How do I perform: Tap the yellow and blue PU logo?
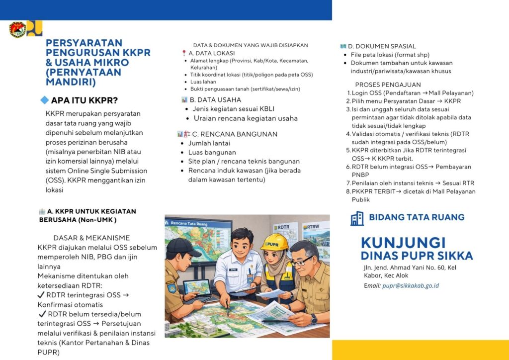35,28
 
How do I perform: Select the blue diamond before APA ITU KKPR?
44,100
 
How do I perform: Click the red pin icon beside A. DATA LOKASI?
184,53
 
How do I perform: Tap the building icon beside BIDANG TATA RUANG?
357,218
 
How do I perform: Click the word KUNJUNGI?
403,243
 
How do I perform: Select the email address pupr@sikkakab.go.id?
410,286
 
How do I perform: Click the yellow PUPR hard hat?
274,242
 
